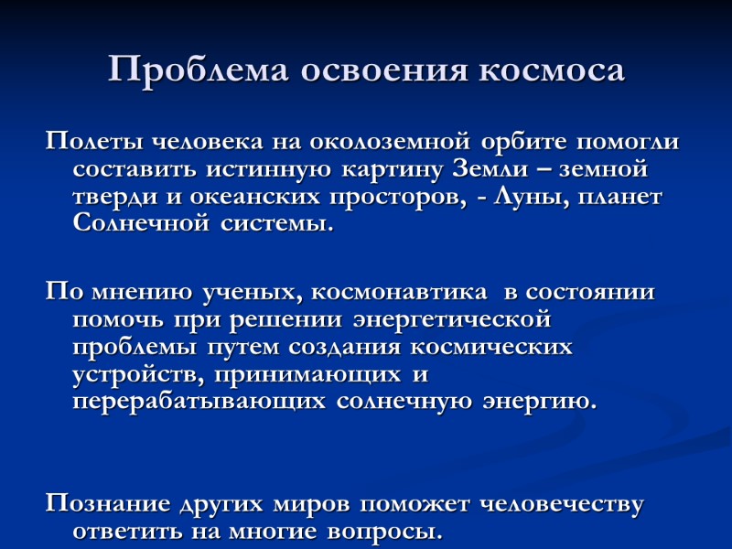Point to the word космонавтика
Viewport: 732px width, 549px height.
[399, 293]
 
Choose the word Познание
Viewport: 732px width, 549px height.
[106, 504]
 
